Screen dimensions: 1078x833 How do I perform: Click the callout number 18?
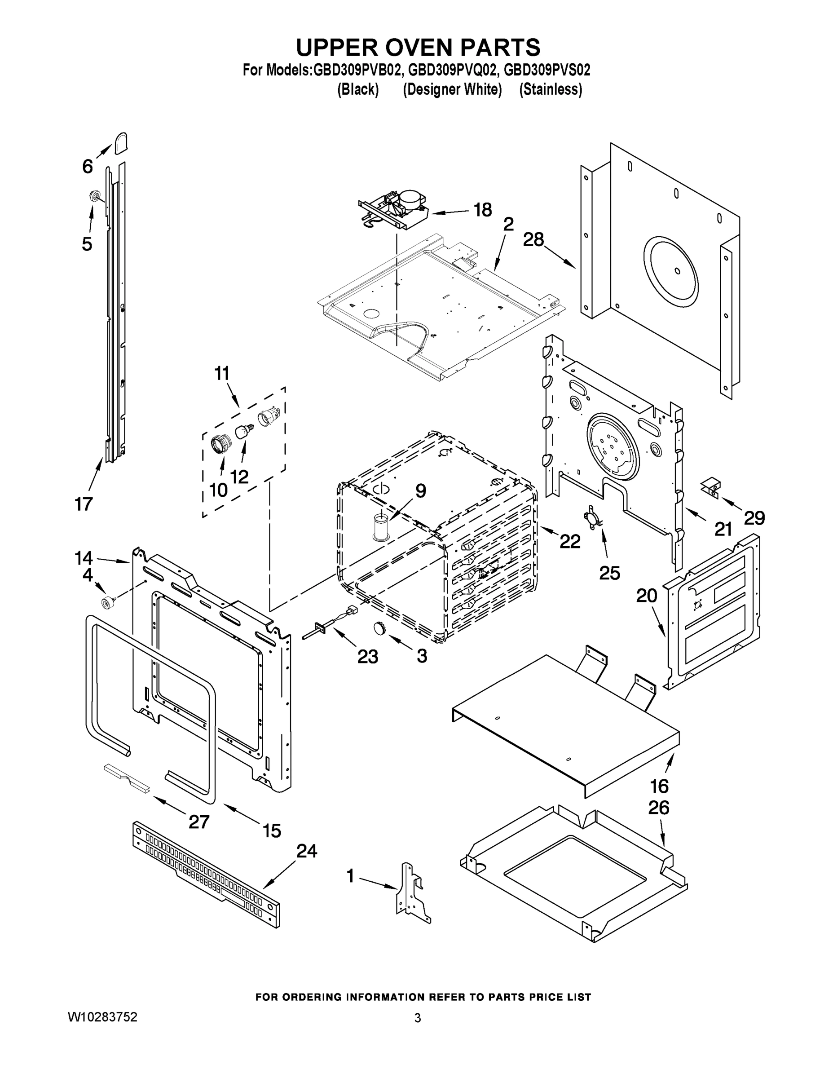click(x=483, y=210)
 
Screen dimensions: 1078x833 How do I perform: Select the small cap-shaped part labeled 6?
click(x=121, y=143)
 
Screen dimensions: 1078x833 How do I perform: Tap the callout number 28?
click(x=533, y=240)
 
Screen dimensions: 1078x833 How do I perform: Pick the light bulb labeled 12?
click(x=241, y=433)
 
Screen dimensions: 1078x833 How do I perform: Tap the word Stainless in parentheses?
click(x=551, y=89)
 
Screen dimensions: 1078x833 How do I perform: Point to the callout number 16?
click(x=659, y=786)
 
